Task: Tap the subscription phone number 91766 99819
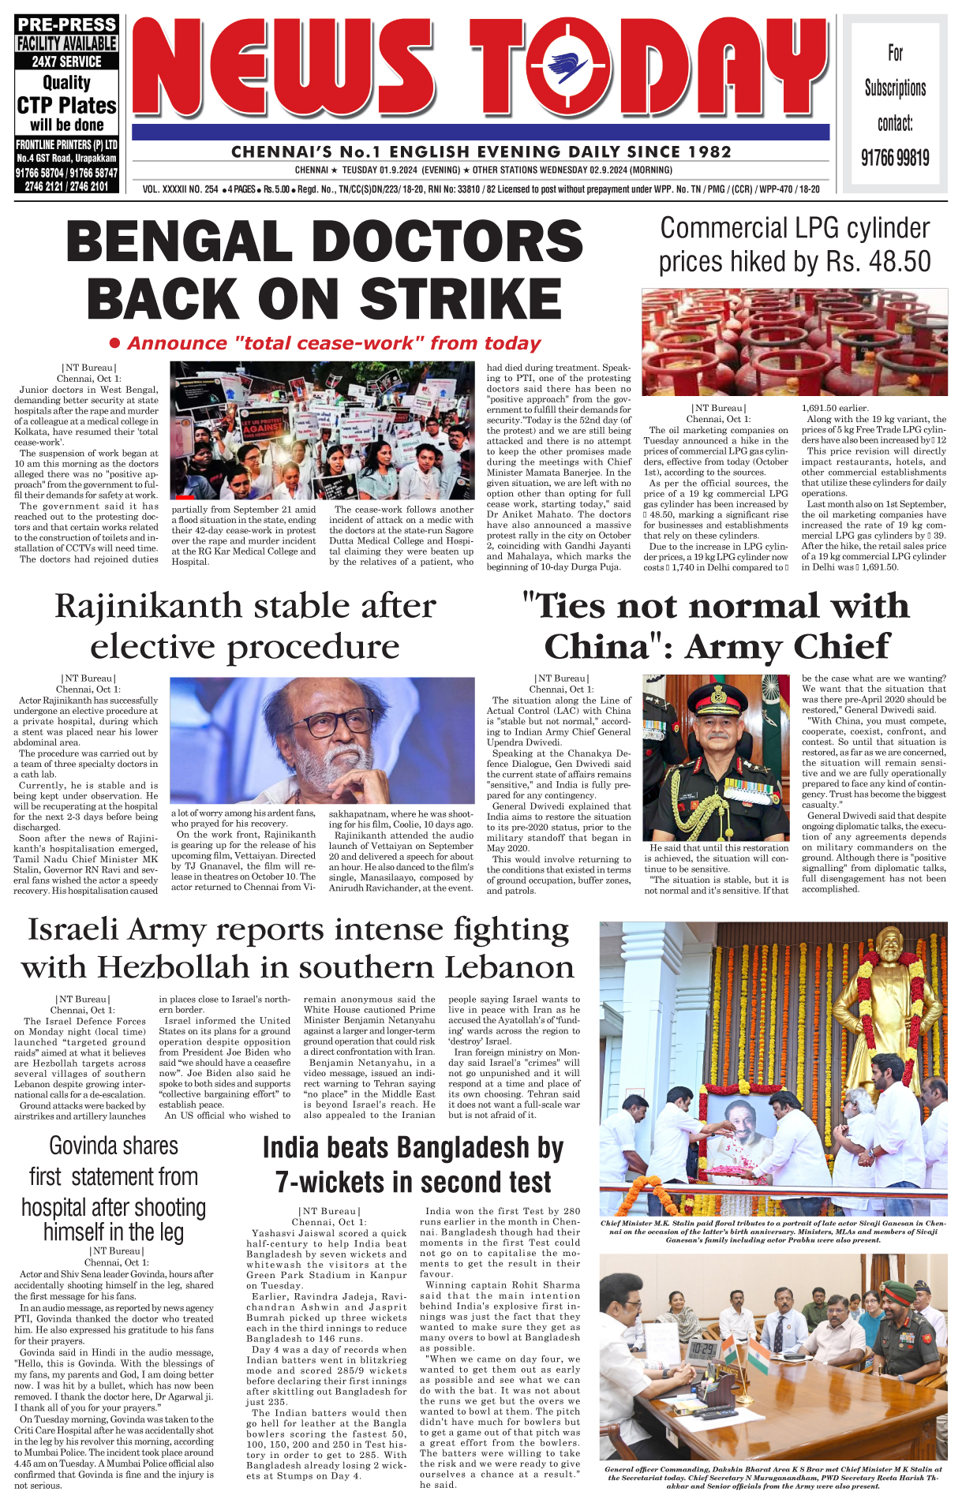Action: pos(895,159)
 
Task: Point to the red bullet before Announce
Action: pos(114,343)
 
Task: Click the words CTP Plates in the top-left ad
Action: pos(67,106)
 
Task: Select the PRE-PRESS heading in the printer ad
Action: pos(67,24)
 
